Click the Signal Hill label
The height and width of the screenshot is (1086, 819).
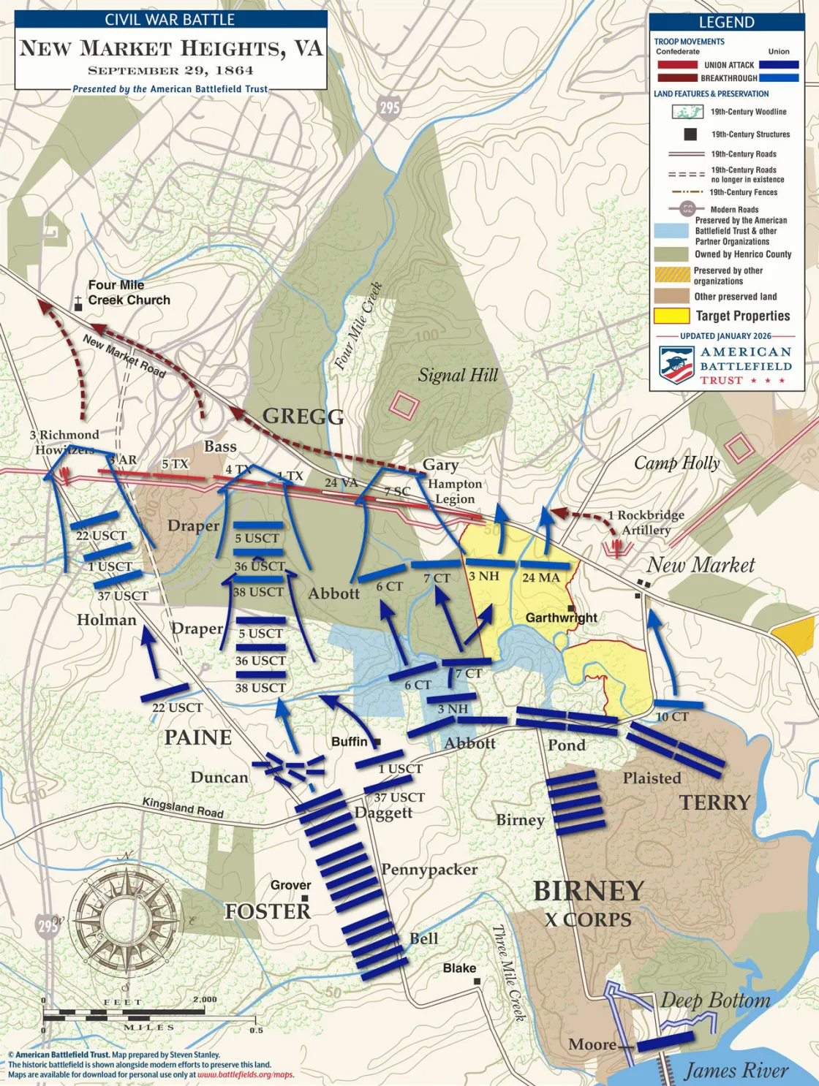pos(458,376)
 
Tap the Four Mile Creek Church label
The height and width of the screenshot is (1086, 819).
pos(129,292)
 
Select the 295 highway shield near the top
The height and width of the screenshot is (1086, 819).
pos(390,107)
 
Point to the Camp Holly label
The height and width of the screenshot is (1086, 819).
pos(676,463)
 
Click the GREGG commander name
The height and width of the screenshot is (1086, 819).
pos(303,417)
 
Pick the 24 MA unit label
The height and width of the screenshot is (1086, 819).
pos(540,578)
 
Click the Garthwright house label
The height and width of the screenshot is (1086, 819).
pos(561,618)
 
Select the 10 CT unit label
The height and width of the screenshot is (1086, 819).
pos(671,717)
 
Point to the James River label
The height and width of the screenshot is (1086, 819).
pos(736,1071)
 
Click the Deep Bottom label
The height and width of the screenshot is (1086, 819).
pos(715,1000)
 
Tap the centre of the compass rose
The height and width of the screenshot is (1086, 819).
pos(127,917)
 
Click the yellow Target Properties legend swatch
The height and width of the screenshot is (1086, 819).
pos(671,316)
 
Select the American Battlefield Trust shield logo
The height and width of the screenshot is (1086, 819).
pos(676,365)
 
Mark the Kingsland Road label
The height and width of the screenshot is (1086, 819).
pos(182,807)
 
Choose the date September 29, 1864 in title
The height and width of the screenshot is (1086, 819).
pos(170,71)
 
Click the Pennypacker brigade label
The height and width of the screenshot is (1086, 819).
pos(429,870)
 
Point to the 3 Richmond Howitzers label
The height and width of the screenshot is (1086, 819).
pos(64,442)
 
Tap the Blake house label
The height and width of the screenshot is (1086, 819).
pos(459,968)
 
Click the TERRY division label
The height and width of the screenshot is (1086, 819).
pos(714,802)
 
